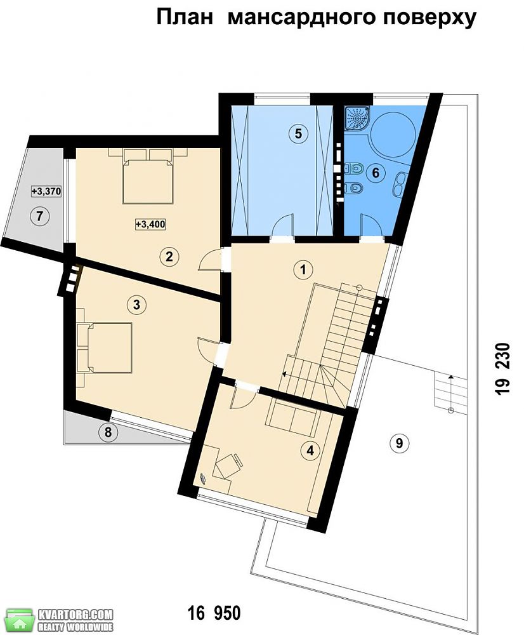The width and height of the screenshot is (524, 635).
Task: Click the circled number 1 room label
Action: [303, 269]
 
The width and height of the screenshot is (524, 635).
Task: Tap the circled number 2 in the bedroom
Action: [169, 256]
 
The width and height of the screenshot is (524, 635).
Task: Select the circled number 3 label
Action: [136, 304]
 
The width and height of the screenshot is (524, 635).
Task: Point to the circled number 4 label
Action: [311, 450]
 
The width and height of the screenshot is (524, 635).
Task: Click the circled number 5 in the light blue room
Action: [298, 133]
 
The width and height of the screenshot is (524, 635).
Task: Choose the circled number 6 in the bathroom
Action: [376, 173]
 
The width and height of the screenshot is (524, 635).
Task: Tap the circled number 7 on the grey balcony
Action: [39, 216]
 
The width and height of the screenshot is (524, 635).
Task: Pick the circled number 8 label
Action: [108, 432]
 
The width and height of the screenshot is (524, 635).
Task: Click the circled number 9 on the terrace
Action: [400, 443]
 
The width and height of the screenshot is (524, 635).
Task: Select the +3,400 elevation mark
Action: [150, 224]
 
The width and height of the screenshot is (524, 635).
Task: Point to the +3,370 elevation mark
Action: [46, 191]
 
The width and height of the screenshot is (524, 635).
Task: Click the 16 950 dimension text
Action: [214, 613]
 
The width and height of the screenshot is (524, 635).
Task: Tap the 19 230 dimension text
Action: [502, 369]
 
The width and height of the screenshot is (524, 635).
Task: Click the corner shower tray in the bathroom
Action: [357, 119]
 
